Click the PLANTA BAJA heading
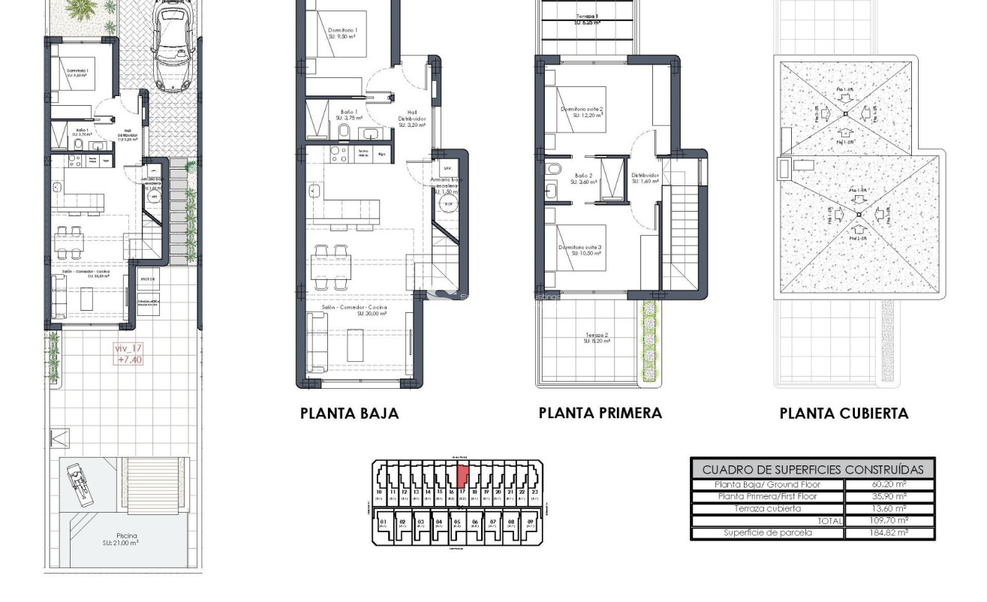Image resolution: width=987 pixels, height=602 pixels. point(349,413)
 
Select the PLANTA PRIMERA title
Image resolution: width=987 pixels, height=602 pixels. point(600,413)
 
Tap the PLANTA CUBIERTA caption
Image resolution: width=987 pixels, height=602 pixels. point(844,413)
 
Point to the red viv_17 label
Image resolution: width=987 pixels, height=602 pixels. point(128,354)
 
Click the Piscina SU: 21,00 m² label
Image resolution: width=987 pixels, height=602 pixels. point(120,538)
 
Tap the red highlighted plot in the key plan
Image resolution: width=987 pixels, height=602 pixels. point(463,475)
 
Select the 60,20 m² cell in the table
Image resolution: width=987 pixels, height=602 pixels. point(889,485)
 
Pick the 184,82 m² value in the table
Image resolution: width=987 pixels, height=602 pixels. point(889,533)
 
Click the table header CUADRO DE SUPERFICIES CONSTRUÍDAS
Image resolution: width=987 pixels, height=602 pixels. point(812,469)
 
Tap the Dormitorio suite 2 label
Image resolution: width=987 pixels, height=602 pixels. point(582,112)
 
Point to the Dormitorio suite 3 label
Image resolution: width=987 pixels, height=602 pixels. point(582,250)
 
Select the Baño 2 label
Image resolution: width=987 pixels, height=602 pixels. point(585,179)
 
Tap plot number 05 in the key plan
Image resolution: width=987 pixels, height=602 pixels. point(456,522)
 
